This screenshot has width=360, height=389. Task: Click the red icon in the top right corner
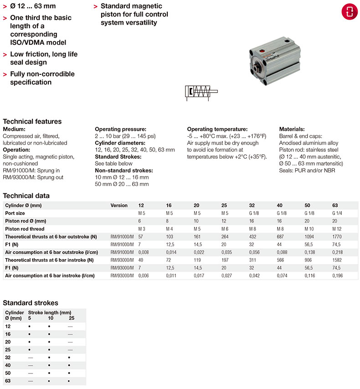click(349, 12)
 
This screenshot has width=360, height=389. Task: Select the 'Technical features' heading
click(32, 121)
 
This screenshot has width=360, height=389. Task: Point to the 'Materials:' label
click(292, 130)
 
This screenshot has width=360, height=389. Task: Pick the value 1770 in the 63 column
click(338, 237)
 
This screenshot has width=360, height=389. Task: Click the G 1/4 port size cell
click(338, 213)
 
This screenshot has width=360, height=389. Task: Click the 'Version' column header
click(119, 205)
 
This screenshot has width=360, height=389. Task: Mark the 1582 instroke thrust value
click(338, 260)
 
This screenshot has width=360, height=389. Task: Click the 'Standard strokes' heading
click(31, 303)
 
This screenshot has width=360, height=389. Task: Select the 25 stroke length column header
click(71, 317)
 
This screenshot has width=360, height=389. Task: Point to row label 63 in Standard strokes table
click(8, 381)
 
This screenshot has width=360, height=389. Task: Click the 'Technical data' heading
click(26, 196)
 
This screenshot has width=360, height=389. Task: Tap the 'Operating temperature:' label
click(217, 130)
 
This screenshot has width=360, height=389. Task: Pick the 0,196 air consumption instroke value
click(338, 276)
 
